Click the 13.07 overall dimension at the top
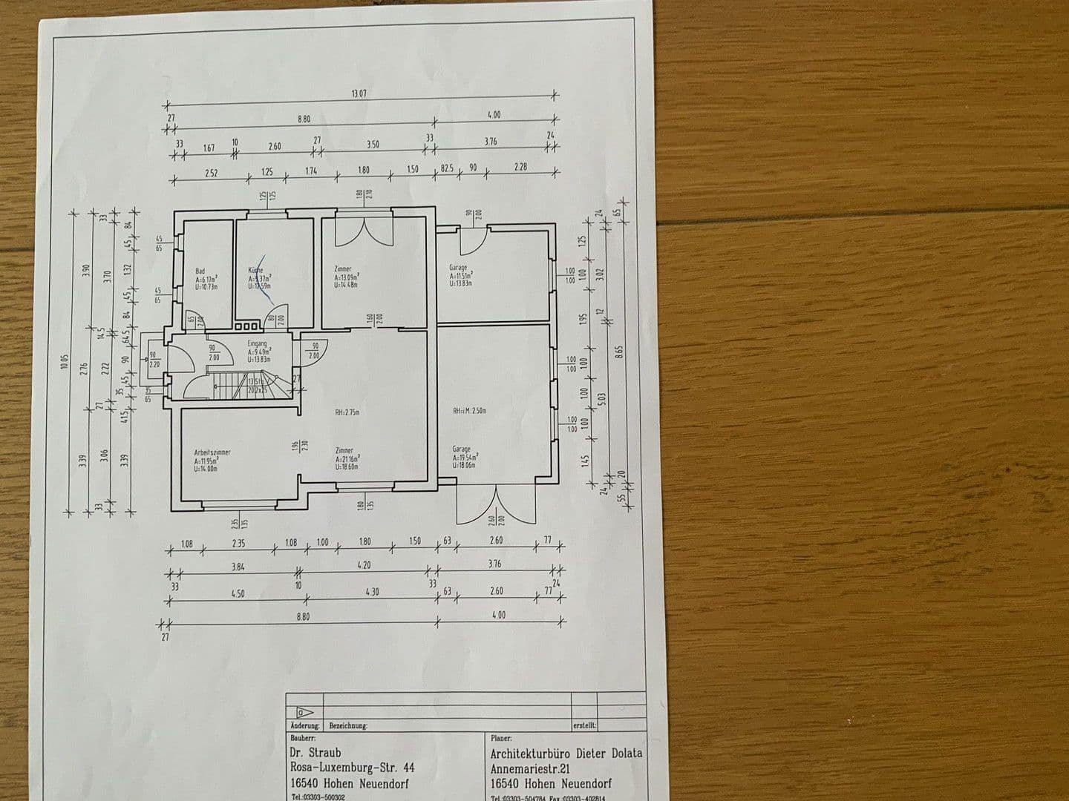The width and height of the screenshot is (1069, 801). pos(359,94)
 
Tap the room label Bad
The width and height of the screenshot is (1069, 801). pos(200,271)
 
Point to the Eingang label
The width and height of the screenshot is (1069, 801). pos(257,344)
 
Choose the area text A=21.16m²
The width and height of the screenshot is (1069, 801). pos(348,458)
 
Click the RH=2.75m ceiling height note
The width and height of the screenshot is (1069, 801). pos(348,412)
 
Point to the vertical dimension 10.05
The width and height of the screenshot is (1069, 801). pos(65,362)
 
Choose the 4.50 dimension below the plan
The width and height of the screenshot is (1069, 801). pos(237,593)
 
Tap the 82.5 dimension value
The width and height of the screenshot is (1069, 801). pos(447,169)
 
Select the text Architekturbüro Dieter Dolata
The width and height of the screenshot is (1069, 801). pos(566,753)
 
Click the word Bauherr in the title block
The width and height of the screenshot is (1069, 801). pos(304,738)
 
